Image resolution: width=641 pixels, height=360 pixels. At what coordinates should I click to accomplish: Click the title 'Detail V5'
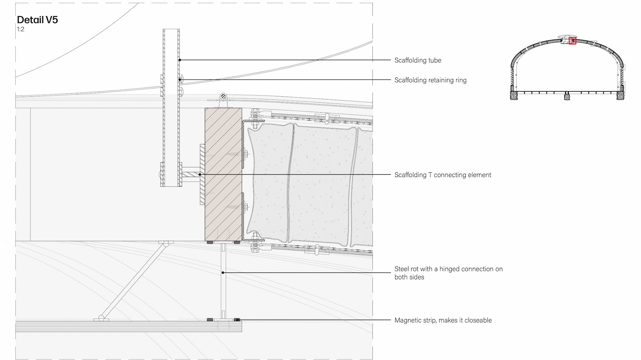point(37,20)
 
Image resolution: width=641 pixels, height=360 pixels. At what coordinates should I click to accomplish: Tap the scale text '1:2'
point(21,29)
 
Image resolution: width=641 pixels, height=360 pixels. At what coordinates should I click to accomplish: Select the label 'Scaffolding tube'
point(418,60)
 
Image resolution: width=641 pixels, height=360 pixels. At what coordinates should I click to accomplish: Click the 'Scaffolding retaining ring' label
point(430,80)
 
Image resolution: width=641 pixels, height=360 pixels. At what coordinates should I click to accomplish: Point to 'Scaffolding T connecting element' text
point(443,175)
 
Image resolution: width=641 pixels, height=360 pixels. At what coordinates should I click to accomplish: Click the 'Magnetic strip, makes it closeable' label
point(443,320)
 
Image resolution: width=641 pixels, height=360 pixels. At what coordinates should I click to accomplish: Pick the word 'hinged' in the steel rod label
point(450,269)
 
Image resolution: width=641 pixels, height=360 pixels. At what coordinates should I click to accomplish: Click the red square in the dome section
point(573,41)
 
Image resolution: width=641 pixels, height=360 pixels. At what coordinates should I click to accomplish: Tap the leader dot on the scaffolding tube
point(180,60)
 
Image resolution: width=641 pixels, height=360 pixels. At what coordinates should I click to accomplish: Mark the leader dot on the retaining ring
point(180,80)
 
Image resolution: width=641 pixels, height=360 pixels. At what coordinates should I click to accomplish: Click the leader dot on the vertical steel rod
point(223,273)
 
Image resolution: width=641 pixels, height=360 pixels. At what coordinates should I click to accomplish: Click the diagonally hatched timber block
point(223,173)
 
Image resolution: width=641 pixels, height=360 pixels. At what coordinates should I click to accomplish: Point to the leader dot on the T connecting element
point(200,174)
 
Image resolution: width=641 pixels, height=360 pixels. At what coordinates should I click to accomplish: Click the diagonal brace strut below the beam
point(134,280)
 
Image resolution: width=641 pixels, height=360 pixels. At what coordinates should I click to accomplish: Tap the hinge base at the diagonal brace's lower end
point(101,319)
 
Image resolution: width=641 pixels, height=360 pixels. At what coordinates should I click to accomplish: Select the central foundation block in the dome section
point(567,96)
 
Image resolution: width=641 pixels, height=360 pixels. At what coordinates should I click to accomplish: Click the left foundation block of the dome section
point(514,95)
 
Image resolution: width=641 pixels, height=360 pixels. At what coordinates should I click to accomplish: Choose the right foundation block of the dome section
point(620,95)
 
